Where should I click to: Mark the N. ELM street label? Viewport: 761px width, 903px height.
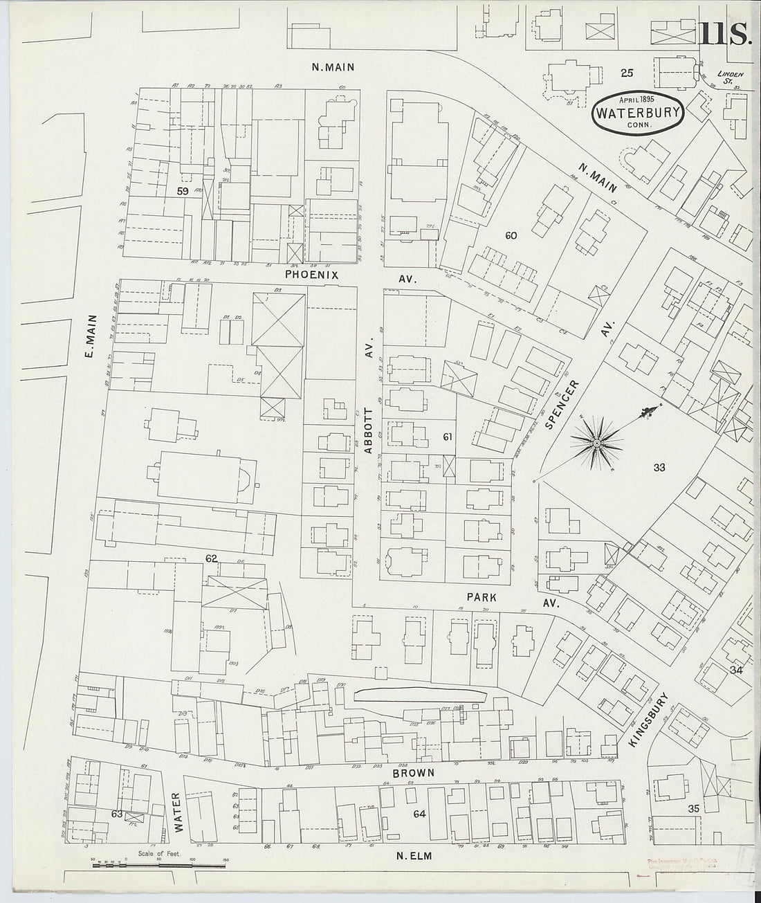coord(414,856)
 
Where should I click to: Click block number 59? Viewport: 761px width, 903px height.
coord(183,192)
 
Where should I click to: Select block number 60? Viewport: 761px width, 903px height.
coord(511,235)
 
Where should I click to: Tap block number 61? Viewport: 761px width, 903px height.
coord(448,437)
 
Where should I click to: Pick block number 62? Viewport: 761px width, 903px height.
coord(211,557)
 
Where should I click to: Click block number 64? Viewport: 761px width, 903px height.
coord(419,814)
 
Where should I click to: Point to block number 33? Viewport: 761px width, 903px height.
coord(659,468)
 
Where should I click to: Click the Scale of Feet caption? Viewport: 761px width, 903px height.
coord(159,854)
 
